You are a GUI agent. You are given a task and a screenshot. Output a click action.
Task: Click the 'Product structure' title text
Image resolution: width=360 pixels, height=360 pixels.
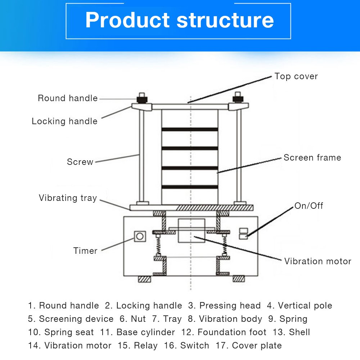179,20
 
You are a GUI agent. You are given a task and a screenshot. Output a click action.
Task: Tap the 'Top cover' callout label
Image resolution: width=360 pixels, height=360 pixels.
296,76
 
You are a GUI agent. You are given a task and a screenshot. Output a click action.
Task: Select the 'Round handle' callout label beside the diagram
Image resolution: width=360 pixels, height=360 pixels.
68,98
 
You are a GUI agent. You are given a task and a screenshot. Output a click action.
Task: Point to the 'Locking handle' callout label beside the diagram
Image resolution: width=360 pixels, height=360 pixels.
64,121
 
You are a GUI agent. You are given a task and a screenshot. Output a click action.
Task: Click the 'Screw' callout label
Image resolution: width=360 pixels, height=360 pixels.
80,162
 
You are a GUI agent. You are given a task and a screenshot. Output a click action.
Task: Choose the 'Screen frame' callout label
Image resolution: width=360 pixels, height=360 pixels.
312,158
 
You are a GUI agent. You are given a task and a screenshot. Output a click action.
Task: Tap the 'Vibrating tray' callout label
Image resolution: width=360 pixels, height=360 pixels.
68,198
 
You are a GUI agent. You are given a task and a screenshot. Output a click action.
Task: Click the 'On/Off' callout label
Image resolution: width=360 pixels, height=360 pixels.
309,206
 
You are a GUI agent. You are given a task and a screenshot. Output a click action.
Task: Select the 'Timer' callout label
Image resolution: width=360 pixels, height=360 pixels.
85,251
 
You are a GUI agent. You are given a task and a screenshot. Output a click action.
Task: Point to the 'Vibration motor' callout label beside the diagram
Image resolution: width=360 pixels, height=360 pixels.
318,261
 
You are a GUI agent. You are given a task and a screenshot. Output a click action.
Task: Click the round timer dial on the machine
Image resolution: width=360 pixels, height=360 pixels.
140,237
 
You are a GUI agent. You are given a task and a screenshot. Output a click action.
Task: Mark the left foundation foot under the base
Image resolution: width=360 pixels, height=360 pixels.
144,279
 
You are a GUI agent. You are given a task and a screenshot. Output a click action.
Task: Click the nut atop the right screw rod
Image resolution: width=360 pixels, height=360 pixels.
237,97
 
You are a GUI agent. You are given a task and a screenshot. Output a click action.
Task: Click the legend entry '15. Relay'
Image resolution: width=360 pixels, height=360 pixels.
138,346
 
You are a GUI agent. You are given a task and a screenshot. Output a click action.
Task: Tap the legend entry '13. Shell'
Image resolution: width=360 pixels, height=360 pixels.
294,332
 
